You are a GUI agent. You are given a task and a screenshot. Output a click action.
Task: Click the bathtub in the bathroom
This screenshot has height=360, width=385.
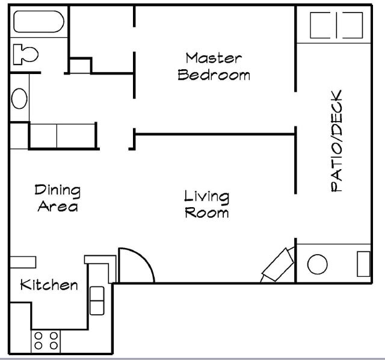point(38,23)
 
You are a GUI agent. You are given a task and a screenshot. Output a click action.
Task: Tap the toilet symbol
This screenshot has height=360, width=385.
point(24,54)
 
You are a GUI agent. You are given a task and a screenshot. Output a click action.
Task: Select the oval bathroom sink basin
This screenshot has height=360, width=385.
point(20,98)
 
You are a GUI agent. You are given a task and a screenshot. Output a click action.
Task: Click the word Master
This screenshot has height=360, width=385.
point(214,58)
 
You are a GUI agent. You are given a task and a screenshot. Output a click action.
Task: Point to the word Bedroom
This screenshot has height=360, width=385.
point(214,75)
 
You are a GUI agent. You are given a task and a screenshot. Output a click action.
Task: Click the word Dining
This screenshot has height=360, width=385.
point(57,190)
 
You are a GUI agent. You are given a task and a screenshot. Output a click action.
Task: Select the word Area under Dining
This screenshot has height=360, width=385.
point(57,206)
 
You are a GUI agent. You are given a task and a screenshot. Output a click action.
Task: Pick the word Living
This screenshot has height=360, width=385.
point(206,196)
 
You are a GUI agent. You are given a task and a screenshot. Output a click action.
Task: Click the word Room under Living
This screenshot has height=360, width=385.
point(206,213)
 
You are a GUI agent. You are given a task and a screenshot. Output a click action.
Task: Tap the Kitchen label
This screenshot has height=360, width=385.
point(49,285)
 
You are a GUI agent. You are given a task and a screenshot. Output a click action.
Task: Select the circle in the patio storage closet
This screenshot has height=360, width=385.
point(317,264)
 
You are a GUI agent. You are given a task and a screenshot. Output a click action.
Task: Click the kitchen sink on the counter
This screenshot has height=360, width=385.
point(97,300)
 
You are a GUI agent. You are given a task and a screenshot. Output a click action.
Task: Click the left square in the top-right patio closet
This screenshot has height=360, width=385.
point(322,25)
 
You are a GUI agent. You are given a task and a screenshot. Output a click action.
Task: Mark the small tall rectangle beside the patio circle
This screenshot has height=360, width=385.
point(363,264)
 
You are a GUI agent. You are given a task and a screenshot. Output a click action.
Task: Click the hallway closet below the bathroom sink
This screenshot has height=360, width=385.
point(62,135)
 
